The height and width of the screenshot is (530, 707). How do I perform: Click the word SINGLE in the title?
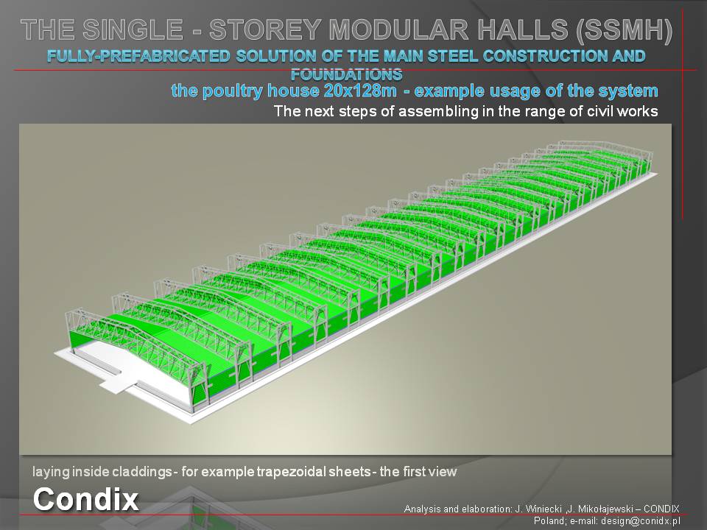coord(133,29)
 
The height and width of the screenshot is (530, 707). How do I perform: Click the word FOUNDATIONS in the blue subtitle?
coord(346,74)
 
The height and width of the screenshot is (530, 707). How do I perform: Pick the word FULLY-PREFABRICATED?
coord(138,56)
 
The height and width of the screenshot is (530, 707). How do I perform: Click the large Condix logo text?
coord(85,499)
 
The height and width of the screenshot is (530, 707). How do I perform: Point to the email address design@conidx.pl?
coord(640,521)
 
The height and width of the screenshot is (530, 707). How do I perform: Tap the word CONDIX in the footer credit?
coord(661,509)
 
